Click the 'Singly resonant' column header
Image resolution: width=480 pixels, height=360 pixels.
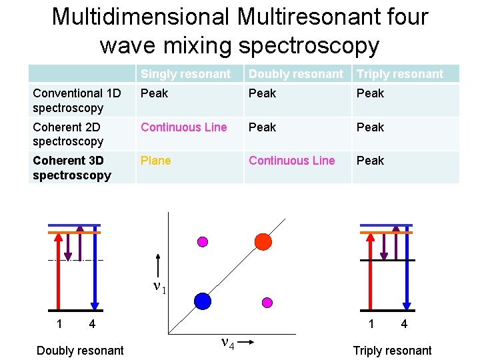pyautogui.click(x=185, y=74)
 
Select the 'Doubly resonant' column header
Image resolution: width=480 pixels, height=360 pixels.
pyautogui.click(x=296, y=74)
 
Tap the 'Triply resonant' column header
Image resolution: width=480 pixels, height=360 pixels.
pyautogui.click(x=400, y=74)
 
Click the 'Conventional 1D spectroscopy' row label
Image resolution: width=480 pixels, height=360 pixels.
pyautogui.click(x=77, y=100)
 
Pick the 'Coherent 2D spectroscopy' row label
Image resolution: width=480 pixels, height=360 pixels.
pyautogui.click(x=68, y=134)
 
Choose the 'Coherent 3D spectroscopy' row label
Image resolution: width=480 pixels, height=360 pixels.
pyautogui.click(x=71, y=167)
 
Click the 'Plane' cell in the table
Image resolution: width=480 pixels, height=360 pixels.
pyautogui.click(x=155, y=161)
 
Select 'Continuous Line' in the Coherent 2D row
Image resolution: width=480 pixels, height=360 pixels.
pyautogui.click(x=183, y=127)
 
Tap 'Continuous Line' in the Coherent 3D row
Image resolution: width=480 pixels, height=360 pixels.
pyautogui.click(x=291, y=161)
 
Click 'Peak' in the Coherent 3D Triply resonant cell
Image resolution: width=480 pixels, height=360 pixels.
pyautogui.click(x=370, y=161)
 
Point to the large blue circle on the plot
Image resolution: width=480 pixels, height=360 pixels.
pyautogui.click(x=203, y=301)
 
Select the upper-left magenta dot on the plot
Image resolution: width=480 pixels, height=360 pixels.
pyautogui.click(x=203, y=241)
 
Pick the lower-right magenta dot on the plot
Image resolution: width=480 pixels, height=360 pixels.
pyautogui.click(x=267, y=302)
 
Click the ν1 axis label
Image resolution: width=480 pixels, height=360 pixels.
pyautogui.click(x=159, y=287)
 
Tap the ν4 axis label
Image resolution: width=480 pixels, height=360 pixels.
pyautogui.click(x=227, y=343)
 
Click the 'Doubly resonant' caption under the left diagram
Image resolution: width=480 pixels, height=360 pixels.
pyautogui.click(x=80, y=351)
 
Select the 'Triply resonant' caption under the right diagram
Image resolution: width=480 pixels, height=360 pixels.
pyautogui.click(x=392, y=351)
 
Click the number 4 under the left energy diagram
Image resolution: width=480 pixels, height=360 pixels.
pyautogui.click(x=92, y=325)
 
